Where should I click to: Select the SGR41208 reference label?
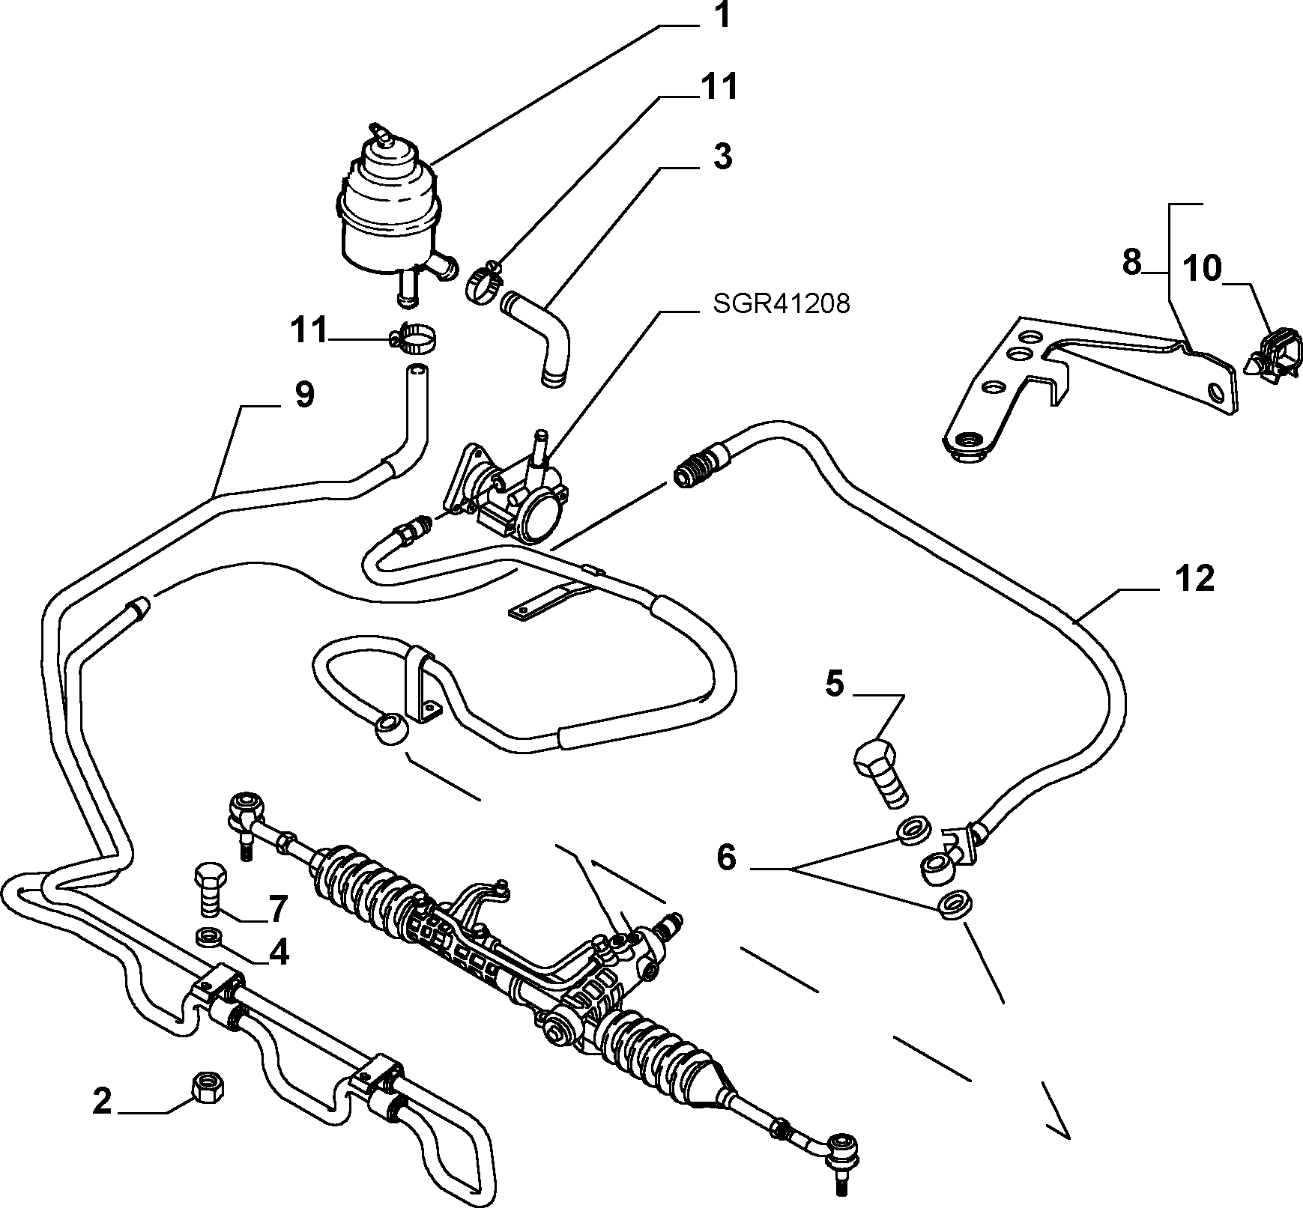pos(781,304)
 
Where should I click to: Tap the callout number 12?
pos(1194,580)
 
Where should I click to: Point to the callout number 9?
pos(303,394)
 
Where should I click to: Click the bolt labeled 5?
pos(883,774)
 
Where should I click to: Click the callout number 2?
pos(103,1101)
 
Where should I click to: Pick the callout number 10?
pos(1201,268)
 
